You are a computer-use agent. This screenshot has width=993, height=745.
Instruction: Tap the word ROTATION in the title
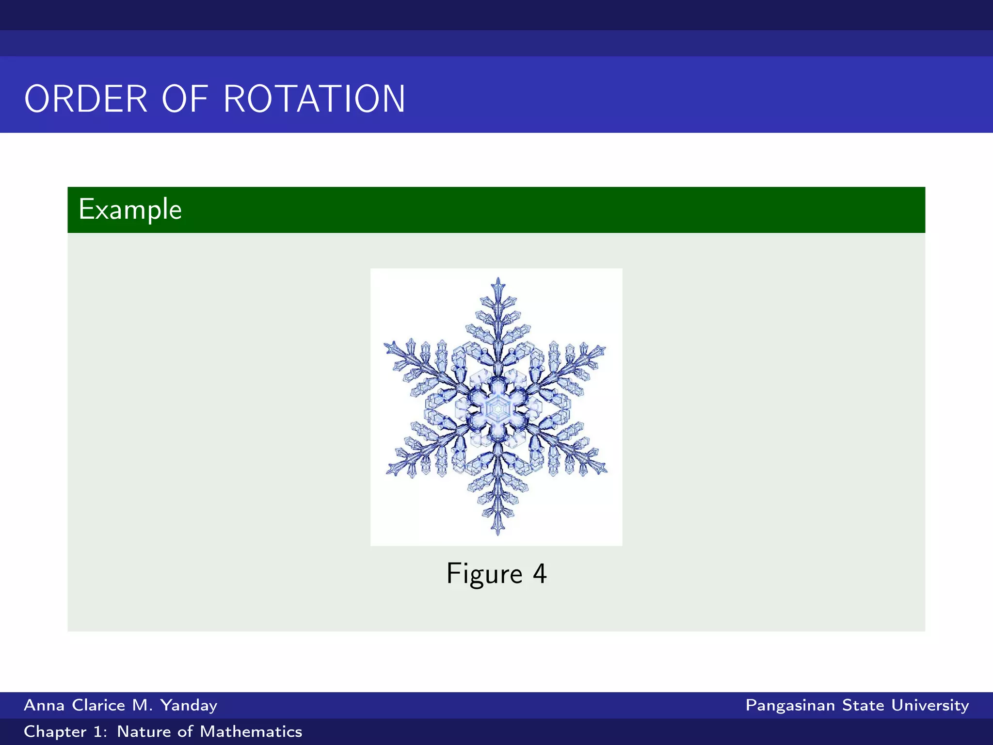point(314,99)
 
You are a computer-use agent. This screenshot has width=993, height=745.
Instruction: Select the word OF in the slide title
point(185,99)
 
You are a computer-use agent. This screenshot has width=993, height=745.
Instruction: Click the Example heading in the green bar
point(130,210)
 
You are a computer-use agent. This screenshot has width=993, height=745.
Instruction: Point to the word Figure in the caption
point(484,574)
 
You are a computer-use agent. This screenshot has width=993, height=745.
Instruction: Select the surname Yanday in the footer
point(189,705)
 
